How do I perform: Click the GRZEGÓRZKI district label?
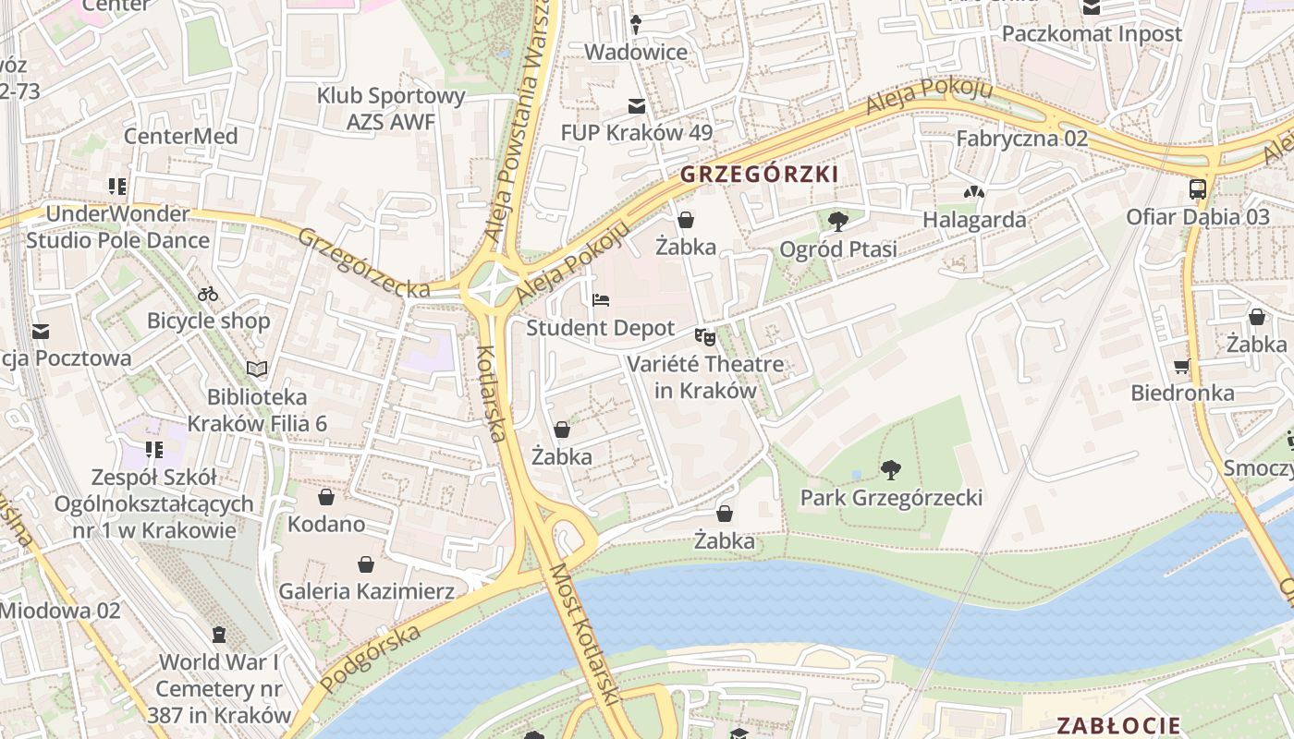[759, 174]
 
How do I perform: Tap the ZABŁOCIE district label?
[1118, 725]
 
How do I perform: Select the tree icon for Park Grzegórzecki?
[890, 470]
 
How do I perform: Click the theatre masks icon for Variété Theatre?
[705, 337]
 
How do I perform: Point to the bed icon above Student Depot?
[600, 300]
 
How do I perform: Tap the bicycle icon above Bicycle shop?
[208, 294]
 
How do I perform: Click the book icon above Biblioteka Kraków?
[256, 369]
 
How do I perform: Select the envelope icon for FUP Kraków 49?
[636, 105]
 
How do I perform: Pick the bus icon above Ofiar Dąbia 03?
[1197, 189]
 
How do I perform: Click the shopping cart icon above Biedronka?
[1181, 366]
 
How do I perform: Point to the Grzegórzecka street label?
[363, 263]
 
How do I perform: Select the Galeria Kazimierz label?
[366, 591]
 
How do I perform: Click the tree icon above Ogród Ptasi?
[837, 221]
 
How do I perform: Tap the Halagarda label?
[974, 220]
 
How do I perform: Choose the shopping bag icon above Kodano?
[325, 497]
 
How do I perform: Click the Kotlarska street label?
[491, 394]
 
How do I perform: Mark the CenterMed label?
[181, 137]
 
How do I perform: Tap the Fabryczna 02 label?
[1021, 139]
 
